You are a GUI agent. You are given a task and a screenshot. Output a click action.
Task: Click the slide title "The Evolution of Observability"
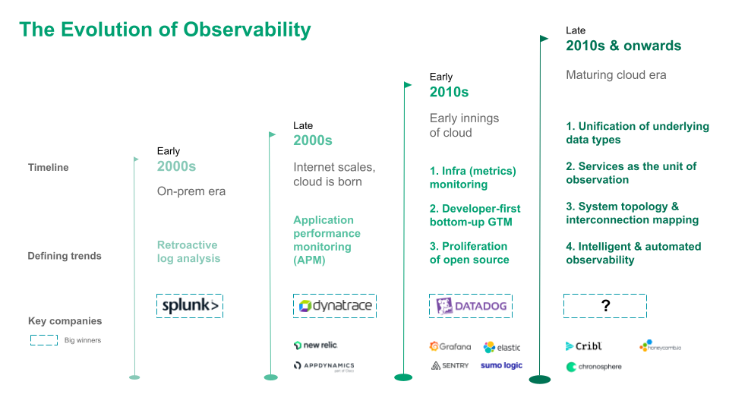pos(165,30)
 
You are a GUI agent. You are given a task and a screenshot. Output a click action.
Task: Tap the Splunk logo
pos(190,306)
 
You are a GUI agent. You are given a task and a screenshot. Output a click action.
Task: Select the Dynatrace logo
pos(334,306)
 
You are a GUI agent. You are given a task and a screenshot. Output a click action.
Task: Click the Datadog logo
pos(470,306)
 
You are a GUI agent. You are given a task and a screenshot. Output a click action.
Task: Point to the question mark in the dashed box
pos(605,306)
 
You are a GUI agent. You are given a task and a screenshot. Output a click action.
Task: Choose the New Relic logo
pos(315,345)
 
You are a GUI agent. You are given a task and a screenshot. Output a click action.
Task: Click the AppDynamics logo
pos(324,366)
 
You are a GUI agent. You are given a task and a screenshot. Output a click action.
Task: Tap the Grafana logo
pos(450,346)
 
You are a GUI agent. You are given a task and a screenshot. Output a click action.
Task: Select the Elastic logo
pos(502,347)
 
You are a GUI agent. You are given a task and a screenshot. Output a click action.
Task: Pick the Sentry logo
pos(450,365)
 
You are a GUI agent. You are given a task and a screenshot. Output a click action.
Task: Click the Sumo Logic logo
pos(501,365)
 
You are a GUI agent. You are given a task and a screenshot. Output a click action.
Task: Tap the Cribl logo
pos(584,346)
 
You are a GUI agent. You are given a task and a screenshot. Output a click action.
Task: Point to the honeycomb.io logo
pos(661,346)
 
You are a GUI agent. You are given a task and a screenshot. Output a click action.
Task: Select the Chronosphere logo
pos(594,367)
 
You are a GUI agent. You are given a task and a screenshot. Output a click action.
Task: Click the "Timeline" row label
pos(49,167)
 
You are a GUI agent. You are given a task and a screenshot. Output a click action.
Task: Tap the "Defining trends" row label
pos(65,256)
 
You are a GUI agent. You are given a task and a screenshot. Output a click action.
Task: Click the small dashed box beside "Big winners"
pos(44,340)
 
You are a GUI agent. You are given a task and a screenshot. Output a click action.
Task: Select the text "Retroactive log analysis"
pos(188,251)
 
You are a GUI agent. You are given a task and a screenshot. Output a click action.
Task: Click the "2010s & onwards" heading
pos(623,46)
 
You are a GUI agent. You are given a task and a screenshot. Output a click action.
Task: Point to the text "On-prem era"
pos(191,191)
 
